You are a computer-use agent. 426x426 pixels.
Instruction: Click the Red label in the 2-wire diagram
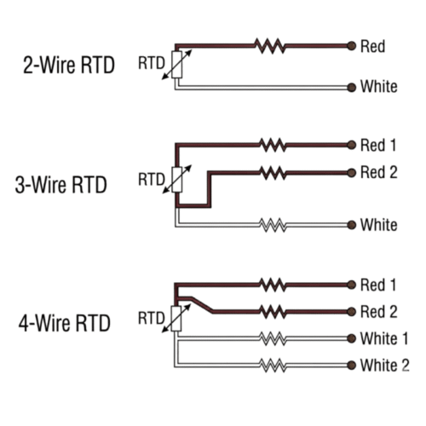click(373, 45)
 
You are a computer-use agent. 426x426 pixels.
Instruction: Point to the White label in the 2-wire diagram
click(378, 86)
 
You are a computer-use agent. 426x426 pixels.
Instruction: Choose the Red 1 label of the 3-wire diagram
click(379, 145)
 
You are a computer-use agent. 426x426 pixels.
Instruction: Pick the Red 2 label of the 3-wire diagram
click(379, 173)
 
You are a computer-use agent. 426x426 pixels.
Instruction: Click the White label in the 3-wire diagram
click(378, 225)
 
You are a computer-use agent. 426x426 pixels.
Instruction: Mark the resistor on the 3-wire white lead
click(273, 225)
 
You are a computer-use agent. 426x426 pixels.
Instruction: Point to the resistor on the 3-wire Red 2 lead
click(273, 173)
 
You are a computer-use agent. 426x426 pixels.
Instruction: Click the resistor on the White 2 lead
click(273, 366)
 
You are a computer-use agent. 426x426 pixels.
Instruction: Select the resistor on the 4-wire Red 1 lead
click(273, 284)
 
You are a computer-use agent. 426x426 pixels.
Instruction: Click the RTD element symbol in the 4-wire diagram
click(177, 317)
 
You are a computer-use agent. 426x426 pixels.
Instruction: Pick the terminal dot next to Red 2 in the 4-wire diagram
click(350, 311)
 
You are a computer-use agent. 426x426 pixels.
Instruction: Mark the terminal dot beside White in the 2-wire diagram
click(350, 86)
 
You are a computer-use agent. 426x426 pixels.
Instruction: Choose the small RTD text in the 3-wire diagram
click(150, 179)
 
